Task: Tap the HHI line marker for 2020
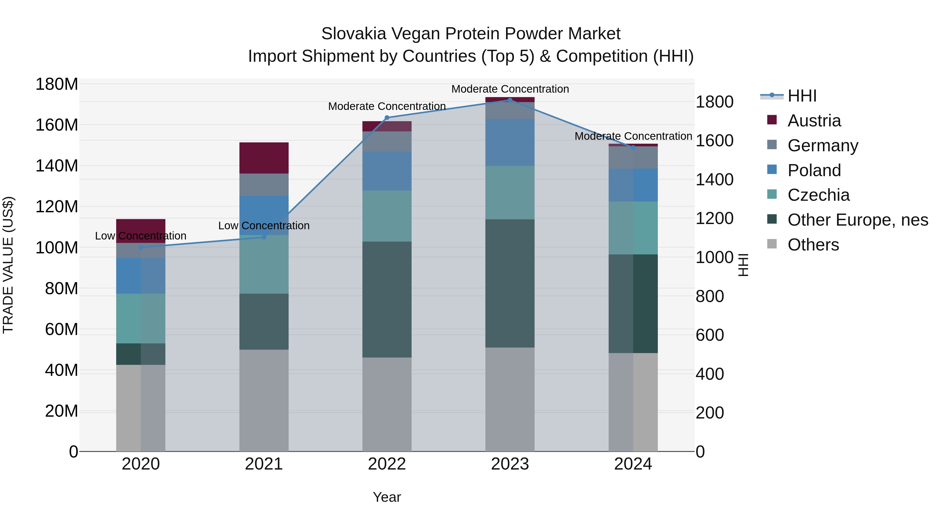[x=141, y=248]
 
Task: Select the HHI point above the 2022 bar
[x=387, y=118]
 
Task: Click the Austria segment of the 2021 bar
[x=264, y=158]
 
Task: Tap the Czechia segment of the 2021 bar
[x=264, y=264]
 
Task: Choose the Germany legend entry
[x=822, y=146]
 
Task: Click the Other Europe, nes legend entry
[x=857, y=220]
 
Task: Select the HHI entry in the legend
[x=801, y=96]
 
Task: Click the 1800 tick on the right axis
[x=714, y=102]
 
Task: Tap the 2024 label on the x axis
[x=633, y=464]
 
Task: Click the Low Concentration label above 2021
[x=264, y=226]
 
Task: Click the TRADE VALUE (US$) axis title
[x=8, y=265]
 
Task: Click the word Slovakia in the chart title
[x=353, y=34]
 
